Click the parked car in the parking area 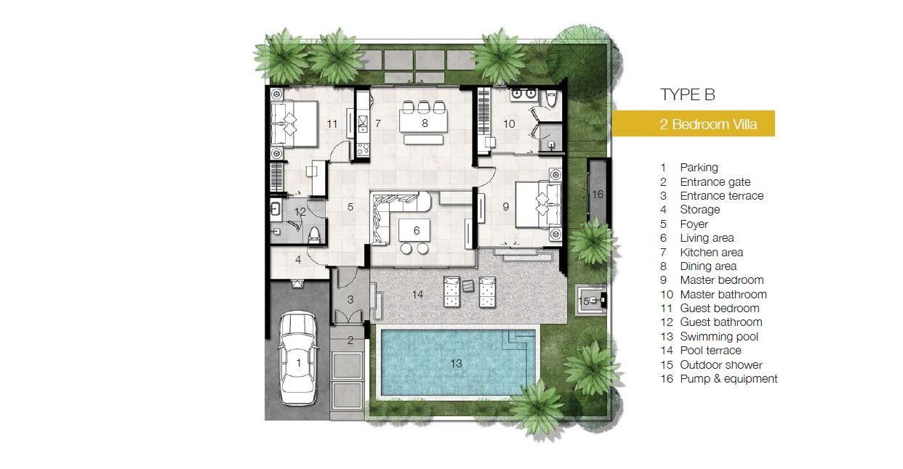(x=298, y=358)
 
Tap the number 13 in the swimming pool (x=456, y=364)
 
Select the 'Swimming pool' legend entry (x=709, y=337)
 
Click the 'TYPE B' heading (x=687, y=95)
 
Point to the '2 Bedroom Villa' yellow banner (x=694, y=123)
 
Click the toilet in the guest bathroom (x=314, y=235)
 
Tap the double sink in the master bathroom (x=523, y=94)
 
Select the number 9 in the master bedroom (x=506, y=206)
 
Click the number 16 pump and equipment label (x=598, y=195)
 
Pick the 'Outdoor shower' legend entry (x=712, y=364)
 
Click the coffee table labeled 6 (x=414, y=230)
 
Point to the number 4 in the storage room (x=298, y=260)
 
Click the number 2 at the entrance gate (x=350, y=340)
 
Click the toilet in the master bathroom (x=551, y=98)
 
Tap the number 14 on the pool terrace (x=417, y=295)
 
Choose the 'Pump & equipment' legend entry (x=719, y=379)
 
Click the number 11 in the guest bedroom (x=332, y=124)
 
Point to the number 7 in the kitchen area (x=378, y=123)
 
